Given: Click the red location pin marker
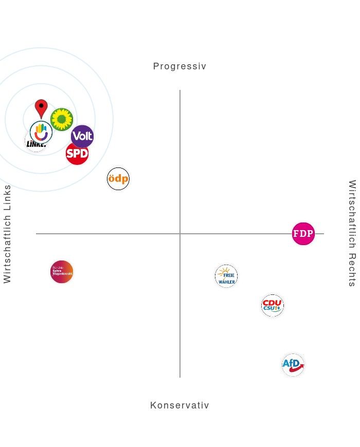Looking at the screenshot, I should pyautogui.click(x=41, y=108).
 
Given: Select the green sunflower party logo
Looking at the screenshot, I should pyautogui.click(x=62, y=120).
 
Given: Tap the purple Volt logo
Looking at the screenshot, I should pyautogui.click(x=82, y=137).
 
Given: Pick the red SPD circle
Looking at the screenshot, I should pyautogui.click(x=77, y=153).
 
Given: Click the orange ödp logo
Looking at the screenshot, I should pyautogui.click(x=118, y=179).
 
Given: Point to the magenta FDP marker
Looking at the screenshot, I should pyautogui.click(x=303, y=234).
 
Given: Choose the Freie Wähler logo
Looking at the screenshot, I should pyautogui.click(x=226, y=276).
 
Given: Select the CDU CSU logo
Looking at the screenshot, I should pyautogui.click(x=273, y=306).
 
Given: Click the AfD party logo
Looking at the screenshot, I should pyautogui.click(x=293, y=365).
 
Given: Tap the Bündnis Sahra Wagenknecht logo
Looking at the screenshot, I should pyautogui.click(x=62, y=272).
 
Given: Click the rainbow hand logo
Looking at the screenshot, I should pyautogui.click(x=41, y=132).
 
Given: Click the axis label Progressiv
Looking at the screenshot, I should pyautogui.click(x=179, y=66).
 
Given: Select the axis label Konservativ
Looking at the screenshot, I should pyautogui.click(x=179, y=405).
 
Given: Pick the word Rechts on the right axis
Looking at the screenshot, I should pyautogui.click(x=352, y=270).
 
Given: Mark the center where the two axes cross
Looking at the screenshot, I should pyautogui.click(x=180, y=234).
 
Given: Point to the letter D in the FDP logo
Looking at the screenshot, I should pyautogui.click(x=303, y=234).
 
